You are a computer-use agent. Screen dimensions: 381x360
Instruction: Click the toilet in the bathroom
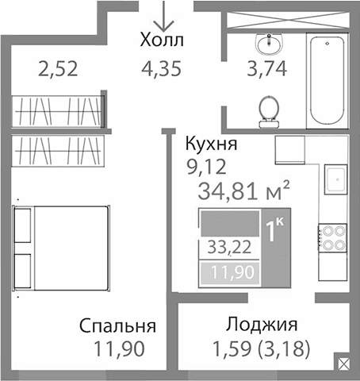(268, 107)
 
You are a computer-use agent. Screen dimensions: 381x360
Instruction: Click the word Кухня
(210, 145)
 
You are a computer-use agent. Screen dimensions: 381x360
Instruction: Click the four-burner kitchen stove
(332, 237)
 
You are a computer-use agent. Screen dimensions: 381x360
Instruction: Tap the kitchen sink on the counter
(335, 179)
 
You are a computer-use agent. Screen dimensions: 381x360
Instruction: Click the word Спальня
(117, 327)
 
